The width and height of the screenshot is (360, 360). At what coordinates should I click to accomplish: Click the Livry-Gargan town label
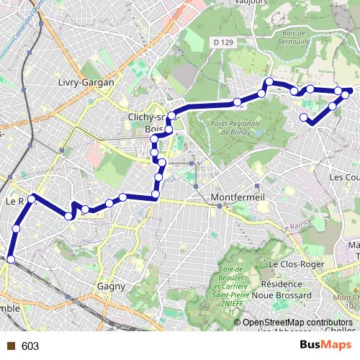point(86,83)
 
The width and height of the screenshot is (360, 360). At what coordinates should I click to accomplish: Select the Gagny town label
point(111,286)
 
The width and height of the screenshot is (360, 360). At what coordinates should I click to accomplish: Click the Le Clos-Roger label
point(293,264)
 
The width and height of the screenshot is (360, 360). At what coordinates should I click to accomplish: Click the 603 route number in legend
point(30,346)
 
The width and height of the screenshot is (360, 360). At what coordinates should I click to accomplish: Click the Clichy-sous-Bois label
point(148,118)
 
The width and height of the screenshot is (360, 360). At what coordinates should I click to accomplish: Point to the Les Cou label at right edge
point(343,176)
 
